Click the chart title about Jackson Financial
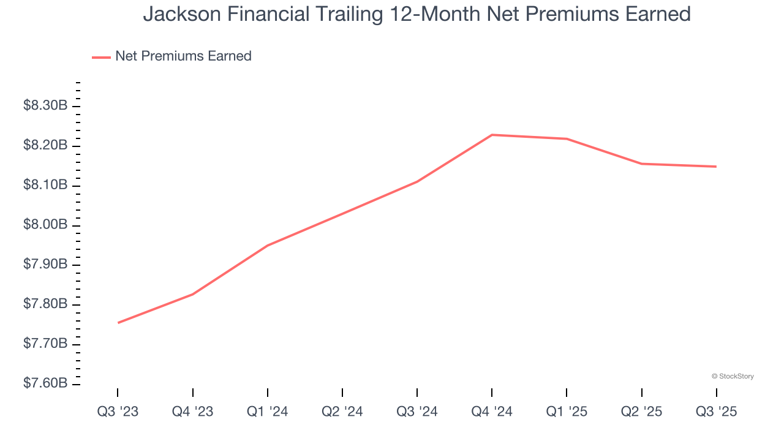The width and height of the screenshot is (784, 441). pyautogui.click(x=417, y=14)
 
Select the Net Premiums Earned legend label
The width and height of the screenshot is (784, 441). pyautogui.click(x=183, y=56)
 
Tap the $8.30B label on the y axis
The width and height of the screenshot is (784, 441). pyautogui.click(x=45, y=106)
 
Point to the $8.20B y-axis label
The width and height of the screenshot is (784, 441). pyautogui.click(x=45, y=146)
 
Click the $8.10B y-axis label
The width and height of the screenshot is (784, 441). pyautogui.click(x=45, y=186)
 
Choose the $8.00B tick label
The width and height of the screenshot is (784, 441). pyautogui.click(x=45, y=225)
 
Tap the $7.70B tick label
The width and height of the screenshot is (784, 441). pyautogui.click(x=45, y=344)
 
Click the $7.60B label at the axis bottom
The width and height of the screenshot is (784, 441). pyautogui.click(x=45, y=384)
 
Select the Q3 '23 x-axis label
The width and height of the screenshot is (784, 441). pyautogui.click(x=118, y=412)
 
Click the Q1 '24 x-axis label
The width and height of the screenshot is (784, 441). pyautogui.click(x=267, y=412)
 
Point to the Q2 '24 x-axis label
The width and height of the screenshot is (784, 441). pyautogui.click(x=342, y=412)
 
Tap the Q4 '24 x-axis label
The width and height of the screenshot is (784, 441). pyautogui.click(x=492, y=412)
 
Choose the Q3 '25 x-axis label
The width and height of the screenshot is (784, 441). pyautogui.click(x=716, y=412)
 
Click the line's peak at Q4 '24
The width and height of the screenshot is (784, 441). pyautogui.click(x=492, y=135)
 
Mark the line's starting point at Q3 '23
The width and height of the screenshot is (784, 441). pyautogui.click(x=118, y=323)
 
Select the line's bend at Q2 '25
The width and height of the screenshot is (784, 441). pyautogui.click(x=641, y=164)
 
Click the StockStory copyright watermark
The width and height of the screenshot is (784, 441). pyautogui.click(x=733, y=376)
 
